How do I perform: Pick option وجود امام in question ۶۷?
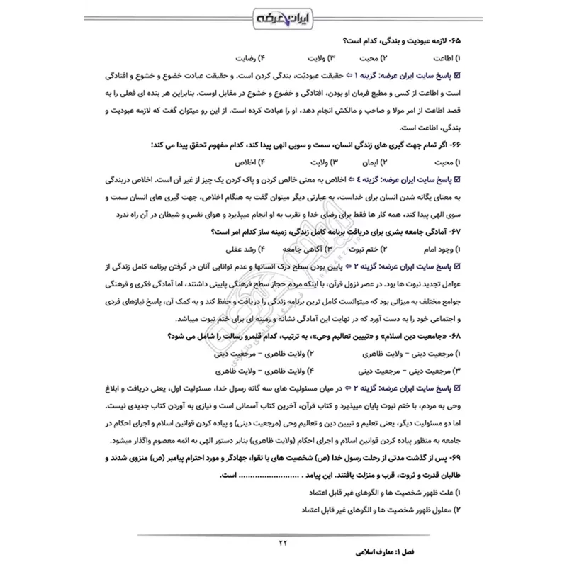pos(443,249)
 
